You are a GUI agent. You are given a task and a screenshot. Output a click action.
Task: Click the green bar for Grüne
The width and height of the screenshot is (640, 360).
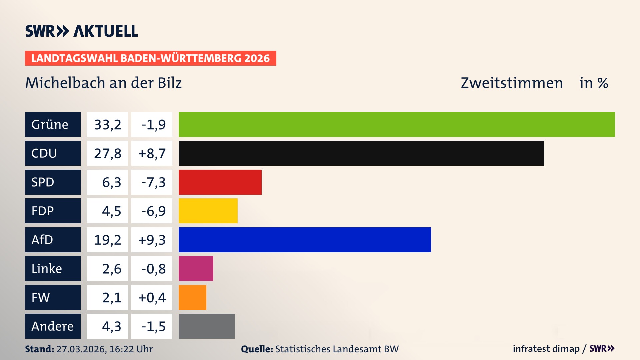point(397,124)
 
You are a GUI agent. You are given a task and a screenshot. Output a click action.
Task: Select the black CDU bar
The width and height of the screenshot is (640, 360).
point(361,153)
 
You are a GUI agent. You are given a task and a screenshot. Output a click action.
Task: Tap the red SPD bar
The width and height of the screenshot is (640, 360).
point(220,182)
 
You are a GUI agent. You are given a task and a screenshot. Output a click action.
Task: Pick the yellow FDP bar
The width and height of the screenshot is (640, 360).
point(208,211)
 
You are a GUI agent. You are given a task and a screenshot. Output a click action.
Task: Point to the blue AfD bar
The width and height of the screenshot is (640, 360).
point(305,240)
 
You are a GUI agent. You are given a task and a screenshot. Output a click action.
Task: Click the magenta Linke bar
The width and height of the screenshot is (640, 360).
point(196,268)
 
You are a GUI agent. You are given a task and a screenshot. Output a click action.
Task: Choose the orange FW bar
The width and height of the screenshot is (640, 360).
point(192,297)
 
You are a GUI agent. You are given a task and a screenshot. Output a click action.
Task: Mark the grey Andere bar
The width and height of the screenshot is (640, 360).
point(207,326)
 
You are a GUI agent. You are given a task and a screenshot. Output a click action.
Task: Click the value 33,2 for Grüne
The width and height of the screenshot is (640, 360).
point(107,125)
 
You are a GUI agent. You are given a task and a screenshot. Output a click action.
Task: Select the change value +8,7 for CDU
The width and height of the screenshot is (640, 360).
point(152,153)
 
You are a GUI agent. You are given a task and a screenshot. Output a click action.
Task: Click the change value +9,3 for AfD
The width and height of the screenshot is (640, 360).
point(152,240)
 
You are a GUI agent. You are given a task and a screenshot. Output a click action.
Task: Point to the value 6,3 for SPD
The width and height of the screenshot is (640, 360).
point(111,182)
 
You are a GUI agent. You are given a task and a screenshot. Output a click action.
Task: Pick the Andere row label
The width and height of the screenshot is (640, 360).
point(53,326)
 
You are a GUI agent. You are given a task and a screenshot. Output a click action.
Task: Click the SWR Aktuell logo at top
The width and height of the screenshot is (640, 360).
point(82,31)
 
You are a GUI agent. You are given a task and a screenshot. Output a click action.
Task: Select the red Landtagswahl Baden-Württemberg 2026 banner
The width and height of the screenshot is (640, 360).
point(150,58)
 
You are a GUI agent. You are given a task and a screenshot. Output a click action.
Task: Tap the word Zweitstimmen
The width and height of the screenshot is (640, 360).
point(512,83)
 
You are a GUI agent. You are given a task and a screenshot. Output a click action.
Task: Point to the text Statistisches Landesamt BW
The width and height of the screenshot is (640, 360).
point(337,349)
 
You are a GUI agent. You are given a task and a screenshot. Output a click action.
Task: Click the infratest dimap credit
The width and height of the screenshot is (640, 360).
point(546,349)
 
